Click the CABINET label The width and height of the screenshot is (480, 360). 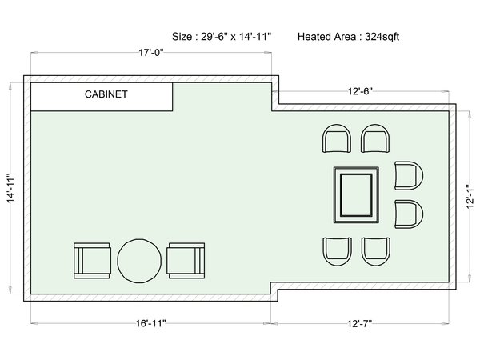106,94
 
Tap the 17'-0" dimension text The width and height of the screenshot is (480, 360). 151,53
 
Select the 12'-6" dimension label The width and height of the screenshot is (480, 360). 360,91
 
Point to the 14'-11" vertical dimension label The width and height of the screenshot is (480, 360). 11,188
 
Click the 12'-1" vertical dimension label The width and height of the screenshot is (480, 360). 470,197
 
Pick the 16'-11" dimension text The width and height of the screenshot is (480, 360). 151,323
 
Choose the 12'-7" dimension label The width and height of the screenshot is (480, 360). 360,323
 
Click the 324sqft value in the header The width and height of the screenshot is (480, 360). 382,37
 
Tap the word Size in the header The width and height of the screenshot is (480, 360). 182,37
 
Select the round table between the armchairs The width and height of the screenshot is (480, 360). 139,261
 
